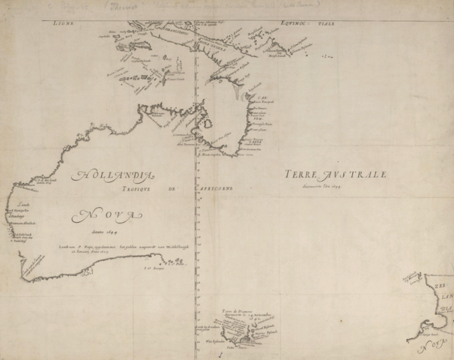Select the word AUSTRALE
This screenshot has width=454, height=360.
[x=358, y=174]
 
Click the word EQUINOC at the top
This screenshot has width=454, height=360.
[x=285, y=24]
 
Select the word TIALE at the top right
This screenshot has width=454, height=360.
[x=324, y=24]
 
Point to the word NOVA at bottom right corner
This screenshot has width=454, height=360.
[x=429, y=347]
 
